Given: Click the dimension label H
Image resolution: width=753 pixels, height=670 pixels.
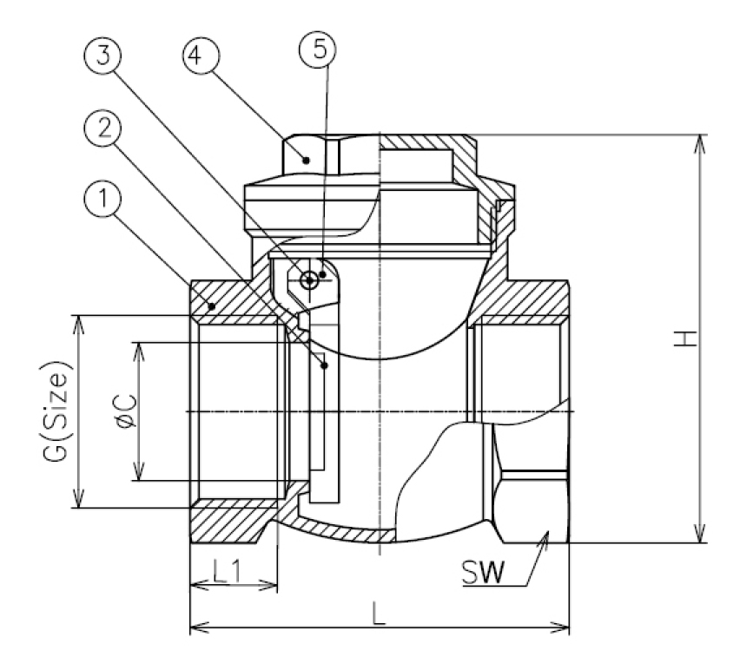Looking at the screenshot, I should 688,339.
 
